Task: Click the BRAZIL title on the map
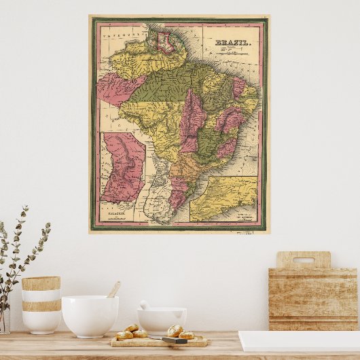coord(232,43)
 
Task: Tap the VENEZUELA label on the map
coord(120,31)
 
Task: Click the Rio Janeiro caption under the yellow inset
coord(240,218)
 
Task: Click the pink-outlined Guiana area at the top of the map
coord(163,42)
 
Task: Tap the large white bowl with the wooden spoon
coord(90,315)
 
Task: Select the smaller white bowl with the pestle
coord(162,319)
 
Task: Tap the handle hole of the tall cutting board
coord(304,260)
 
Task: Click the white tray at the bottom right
coord(299,340)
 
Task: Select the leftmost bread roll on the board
coord(124,335)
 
